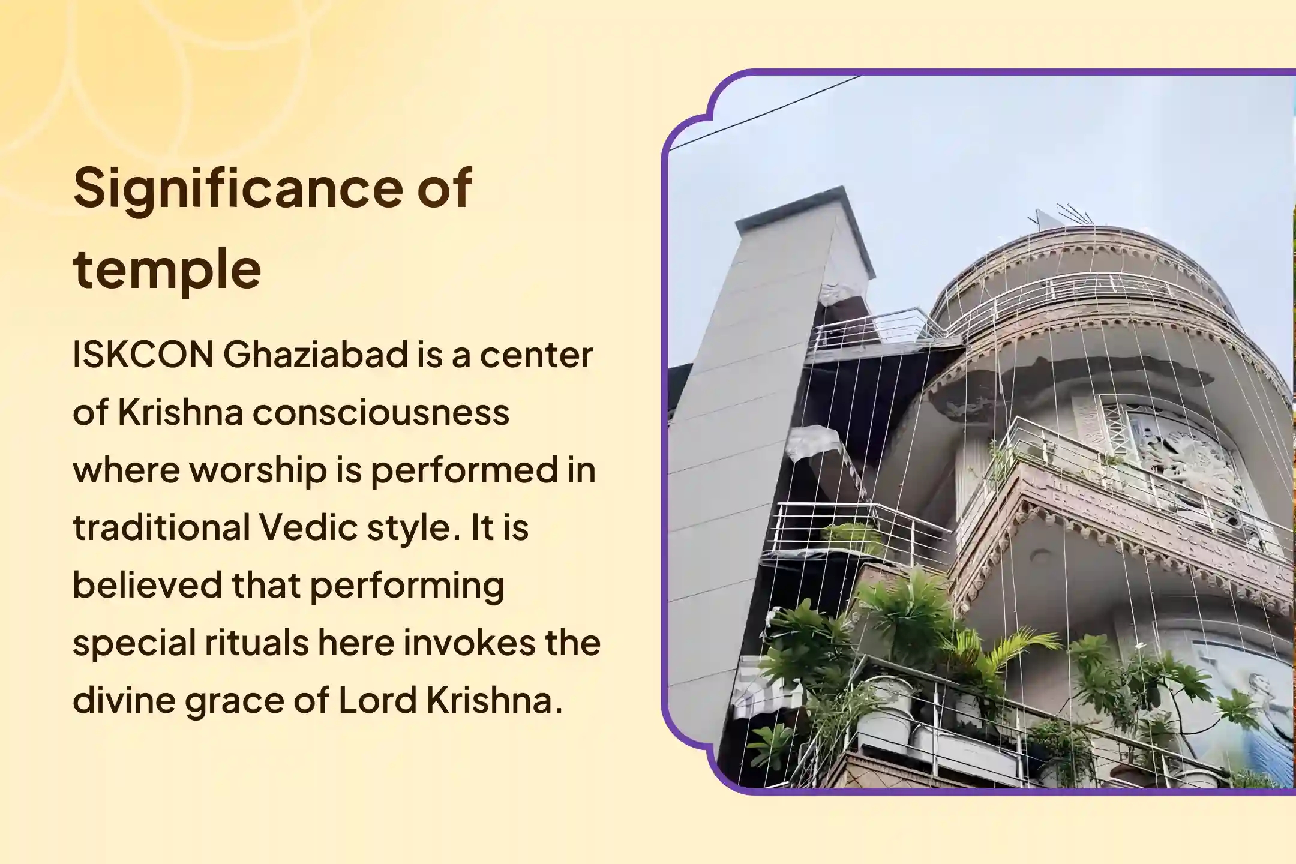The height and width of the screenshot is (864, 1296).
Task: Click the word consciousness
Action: (x=380, y=412)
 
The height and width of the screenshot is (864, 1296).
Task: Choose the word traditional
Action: (x=161, y=527)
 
